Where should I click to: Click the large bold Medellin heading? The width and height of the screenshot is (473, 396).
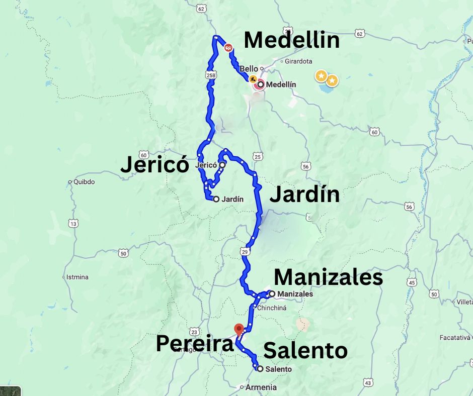pyautogui.click(x=291, y=41)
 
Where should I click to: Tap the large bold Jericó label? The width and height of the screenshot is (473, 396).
pyautogui.click(x=154, y=165)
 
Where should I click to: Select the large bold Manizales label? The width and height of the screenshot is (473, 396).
pyautogui.click(x=328, y=277)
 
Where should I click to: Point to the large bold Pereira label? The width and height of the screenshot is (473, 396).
pyautogui.click(x=195, y=344)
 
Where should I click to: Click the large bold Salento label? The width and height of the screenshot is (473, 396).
pyautogui.click(x=305, y=351)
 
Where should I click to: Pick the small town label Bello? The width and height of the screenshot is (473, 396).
pyautogui.click(x=249, y=69)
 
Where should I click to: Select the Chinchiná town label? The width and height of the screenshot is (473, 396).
pyautogui.click(x=272, y=308)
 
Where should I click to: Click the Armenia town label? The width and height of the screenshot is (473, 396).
pyautogui.click(x=261, y=387)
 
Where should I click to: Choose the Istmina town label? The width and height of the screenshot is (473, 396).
pyautogui.click(x=77, y=277)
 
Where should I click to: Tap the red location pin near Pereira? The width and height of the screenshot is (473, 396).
pyautogui.click(x=240, y=329)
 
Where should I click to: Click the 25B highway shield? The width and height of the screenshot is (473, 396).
pyautogui.click(x=210, y=75)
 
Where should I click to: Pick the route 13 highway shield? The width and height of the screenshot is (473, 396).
pyautogui.click(x=74, y=223)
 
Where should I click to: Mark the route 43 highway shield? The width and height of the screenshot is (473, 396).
pyautogui.click(x=368, y=383)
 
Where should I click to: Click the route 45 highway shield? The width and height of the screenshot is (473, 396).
pyautogui.click(x=413, y=283)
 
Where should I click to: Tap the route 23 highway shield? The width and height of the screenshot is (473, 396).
pyautogui.click(x=194, y=332)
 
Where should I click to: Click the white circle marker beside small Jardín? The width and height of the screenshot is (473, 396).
pyautogui.click(x=216, y=199)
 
